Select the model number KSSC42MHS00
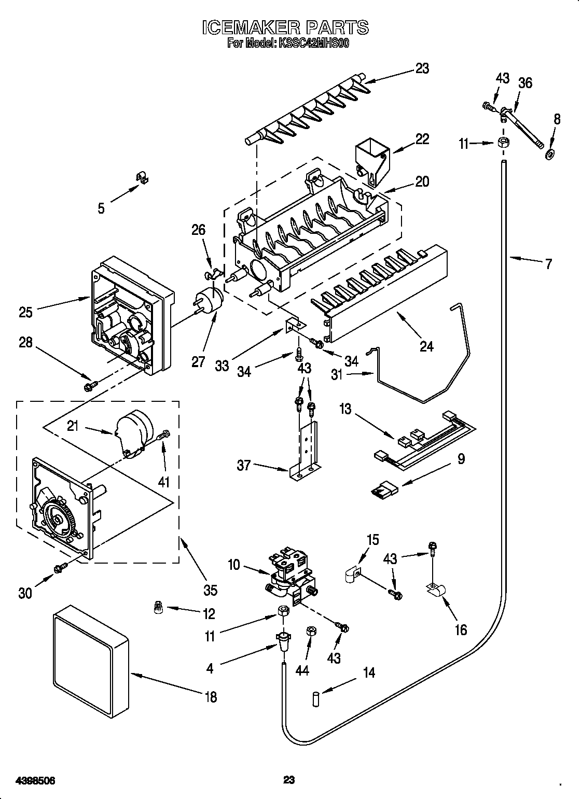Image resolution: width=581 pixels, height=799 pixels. (313, 44)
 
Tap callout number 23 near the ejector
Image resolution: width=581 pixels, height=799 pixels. (422, 68)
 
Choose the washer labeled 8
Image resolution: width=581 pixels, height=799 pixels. (550, 154)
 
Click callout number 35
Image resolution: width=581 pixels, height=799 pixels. (210, 590)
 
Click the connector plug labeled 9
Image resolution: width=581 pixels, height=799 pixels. (384, 488)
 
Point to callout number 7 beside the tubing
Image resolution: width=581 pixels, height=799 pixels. (548, 263)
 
